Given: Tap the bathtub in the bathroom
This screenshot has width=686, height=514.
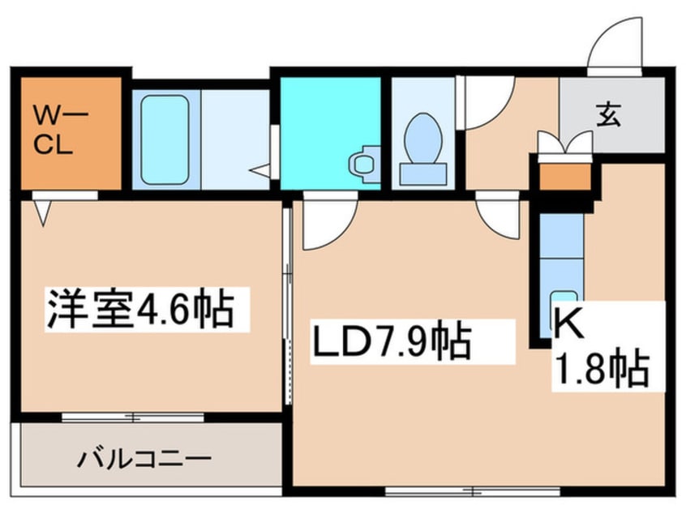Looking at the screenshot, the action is pos(165,139).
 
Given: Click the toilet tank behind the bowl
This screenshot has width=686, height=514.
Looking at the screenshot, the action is pos(423,173).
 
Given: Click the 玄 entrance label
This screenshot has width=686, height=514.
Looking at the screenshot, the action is pos(609,114).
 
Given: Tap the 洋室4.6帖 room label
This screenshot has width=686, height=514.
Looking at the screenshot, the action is pos(140,309).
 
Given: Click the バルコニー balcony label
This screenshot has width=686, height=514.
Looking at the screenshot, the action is pos(144,459).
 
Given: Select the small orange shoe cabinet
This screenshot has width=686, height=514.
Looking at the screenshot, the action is pos(565,177).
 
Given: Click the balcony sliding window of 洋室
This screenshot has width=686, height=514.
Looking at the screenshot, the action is pos(133,418).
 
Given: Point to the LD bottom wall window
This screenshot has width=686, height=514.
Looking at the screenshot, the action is pos(473,491).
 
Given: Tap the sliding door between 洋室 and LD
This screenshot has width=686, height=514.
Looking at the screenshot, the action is pos(287,306).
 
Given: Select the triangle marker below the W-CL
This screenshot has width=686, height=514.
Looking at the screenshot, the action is pos(43,212).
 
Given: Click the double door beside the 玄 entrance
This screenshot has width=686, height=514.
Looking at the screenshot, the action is pos(565,142).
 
